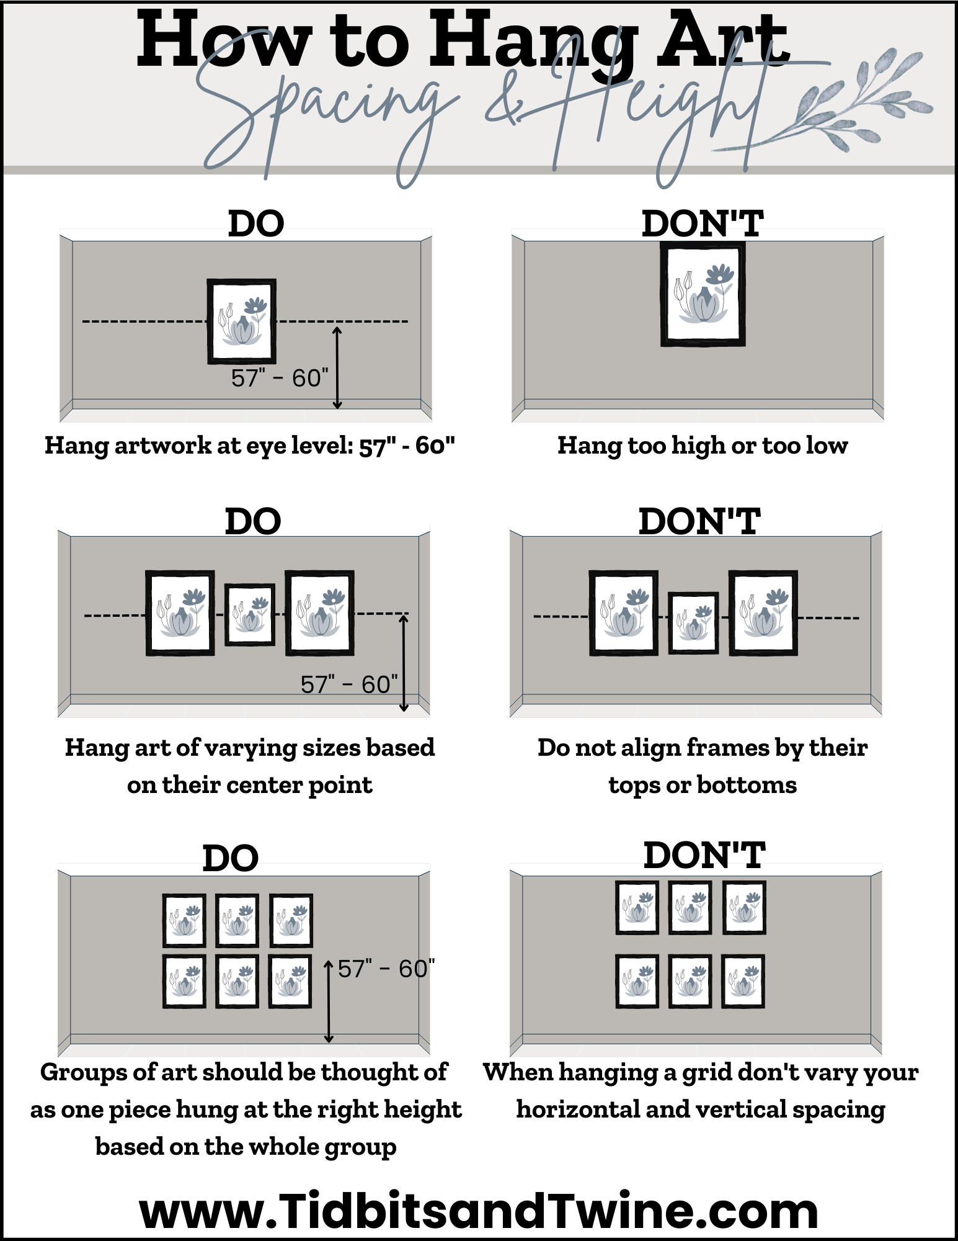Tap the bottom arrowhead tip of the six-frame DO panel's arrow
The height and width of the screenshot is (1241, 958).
(x=329, y=1042)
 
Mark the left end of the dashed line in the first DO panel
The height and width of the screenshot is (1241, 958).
(x=83, y=321)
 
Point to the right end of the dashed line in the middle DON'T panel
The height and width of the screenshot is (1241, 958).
(x=859, y=617)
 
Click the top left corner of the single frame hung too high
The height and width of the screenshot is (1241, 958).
(x=660, y=242)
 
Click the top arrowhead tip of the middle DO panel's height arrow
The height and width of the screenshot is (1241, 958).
(x=404, y=614)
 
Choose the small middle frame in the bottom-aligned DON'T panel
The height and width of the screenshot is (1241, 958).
(x=694, y=623)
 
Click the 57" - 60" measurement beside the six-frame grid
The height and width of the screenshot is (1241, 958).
(x=386, y=969)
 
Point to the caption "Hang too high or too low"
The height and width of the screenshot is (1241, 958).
(x=703, y=446)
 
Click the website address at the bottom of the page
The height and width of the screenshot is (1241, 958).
(x=479, y=1211)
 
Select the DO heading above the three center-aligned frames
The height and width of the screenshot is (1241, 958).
(x=253, y=521)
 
